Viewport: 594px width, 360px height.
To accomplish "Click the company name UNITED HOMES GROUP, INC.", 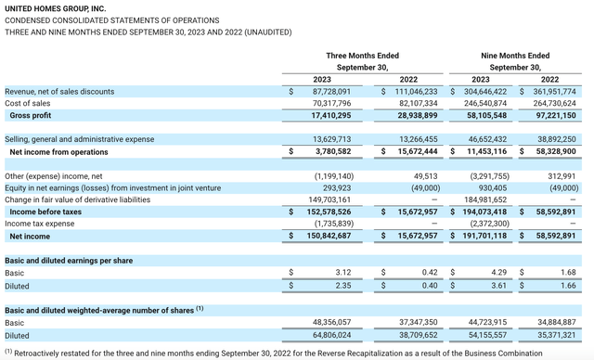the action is tap(56, 8).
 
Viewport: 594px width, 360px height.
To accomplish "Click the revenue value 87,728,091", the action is tap(331, 92).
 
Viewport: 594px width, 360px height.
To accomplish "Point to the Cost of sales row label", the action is tap(27, 103).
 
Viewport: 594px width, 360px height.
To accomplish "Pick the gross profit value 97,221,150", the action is tap(556, 115).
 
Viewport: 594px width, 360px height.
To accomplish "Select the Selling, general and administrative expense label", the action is tap(79, 139).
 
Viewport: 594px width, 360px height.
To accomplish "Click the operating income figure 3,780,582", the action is tap(333, 151).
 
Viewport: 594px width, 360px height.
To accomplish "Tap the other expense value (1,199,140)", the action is tap(334, 176).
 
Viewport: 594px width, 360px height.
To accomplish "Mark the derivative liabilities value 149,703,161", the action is tap(329, 199).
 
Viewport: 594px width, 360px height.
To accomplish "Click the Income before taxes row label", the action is tap(45, 212).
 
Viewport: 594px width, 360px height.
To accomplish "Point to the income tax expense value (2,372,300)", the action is tap(489, 224).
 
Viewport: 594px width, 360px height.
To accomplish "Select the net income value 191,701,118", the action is tap(484, 236).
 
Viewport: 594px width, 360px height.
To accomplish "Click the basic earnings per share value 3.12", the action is tap(343, 273).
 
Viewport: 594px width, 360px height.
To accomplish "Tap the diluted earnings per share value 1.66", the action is tap(568, 286).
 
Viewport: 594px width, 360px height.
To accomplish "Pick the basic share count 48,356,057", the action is tap(331, 322).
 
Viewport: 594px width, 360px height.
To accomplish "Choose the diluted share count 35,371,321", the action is tap(557, 335).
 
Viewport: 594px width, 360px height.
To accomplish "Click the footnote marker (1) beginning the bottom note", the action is tap(8, 352).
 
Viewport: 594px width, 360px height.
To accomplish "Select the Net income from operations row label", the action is tap(58, 152).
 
